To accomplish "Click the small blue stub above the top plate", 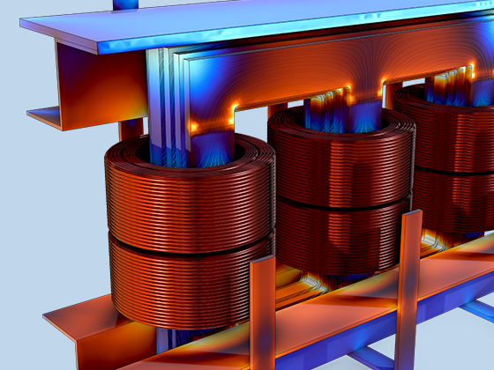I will pos(126,4).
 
